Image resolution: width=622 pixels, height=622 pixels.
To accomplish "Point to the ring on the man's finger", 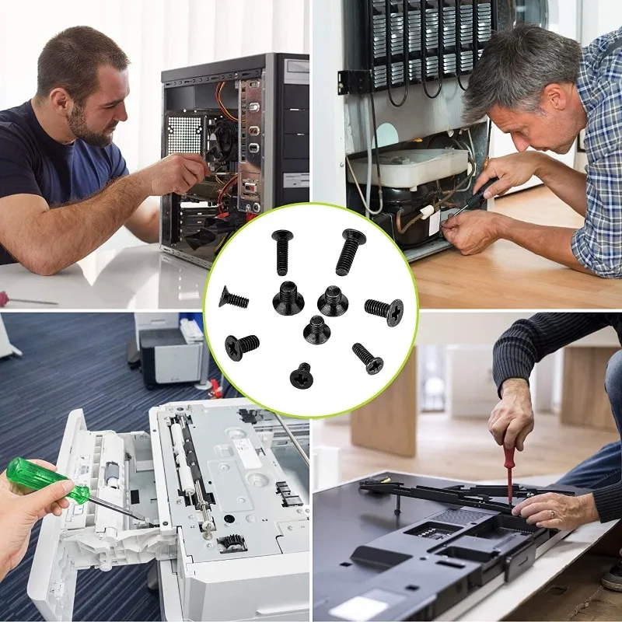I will [x=551, y=514].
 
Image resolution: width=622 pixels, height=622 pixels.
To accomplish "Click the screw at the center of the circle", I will [x=316, y=328].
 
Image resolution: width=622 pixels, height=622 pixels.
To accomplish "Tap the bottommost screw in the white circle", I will [x=301, y=376].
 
